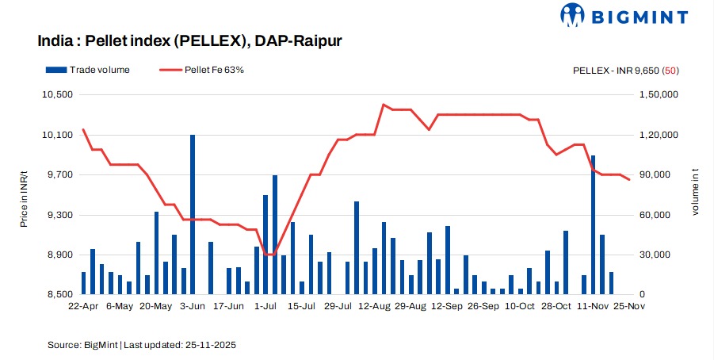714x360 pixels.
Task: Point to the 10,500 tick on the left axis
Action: pyautogui.click(x=56, y=94)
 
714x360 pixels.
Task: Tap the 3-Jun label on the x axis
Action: pyautogui.click(x=193, y=305)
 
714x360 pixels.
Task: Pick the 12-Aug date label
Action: pyautogui.click(x=374, y=305)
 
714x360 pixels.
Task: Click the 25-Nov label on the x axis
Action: pyautogui.click(x=629, y=305)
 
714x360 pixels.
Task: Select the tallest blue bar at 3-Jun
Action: pyautogui.click(x=193, y=214)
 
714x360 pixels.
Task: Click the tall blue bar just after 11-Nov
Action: pyautogui.click(x=593, y=224)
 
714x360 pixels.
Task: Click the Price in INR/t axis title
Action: pyautogui.click(x=24, y=194)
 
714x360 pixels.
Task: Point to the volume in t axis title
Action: pyautogui.click(x=695, y=194)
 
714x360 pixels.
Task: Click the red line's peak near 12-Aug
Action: pyautogui.click(x=383, y=105)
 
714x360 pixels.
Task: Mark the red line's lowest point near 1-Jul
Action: pyautogui.click(x=269, y=255)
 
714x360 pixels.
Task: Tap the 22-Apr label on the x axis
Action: pyautogui.click(x=83, y=305)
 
